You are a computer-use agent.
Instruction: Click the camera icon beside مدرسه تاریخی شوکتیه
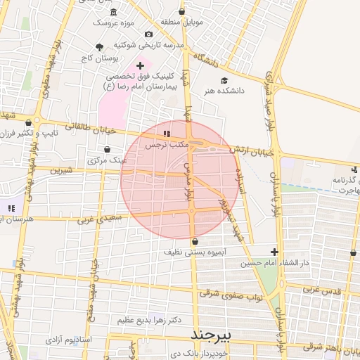[x=148, y=34]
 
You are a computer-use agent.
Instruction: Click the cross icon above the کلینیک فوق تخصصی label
[x=140, y=65]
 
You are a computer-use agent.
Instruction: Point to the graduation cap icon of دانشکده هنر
[x=224, y=80]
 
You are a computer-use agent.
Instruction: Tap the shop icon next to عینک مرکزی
[x=107, y=149]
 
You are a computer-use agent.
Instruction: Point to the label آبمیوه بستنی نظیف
[x=194, y=251]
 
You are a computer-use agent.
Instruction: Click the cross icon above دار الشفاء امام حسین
[x=274, y=252]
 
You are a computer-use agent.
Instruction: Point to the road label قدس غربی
[x=324, y=290]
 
